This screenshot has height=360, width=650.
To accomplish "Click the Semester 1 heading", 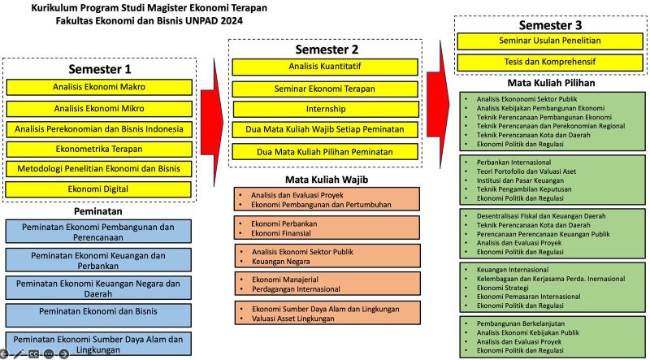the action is pos(99,69).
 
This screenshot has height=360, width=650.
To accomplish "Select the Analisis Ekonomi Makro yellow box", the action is pos(99,87).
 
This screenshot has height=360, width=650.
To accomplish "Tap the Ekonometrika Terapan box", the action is pos(99,149).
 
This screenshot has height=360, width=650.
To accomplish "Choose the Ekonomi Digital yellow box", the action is pos(98,189).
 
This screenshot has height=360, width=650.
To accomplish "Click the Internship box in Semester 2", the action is pos(326,109).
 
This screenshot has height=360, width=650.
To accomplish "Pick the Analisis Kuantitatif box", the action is pos(325,67).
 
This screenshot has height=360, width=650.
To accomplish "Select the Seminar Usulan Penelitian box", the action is pos(550,41).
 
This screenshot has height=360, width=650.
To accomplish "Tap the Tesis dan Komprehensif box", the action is pos(550,62).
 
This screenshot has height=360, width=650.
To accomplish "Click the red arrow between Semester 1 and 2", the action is pos(212,122).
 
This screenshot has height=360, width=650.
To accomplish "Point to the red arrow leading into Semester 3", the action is pos(438,104).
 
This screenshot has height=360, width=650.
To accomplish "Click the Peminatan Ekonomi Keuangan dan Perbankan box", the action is pos(98,260).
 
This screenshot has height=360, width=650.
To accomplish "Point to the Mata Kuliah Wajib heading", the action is pos(327,180).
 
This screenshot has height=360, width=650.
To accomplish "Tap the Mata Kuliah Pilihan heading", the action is pos(552,83).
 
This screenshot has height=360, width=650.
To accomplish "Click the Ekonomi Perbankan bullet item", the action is pos(284,223).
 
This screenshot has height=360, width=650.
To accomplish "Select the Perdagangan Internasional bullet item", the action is pos(296,289).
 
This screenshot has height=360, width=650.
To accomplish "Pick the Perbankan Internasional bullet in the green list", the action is pos(513,163).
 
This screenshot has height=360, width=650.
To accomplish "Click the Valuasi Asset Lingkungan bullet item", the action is pos(293,319).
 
